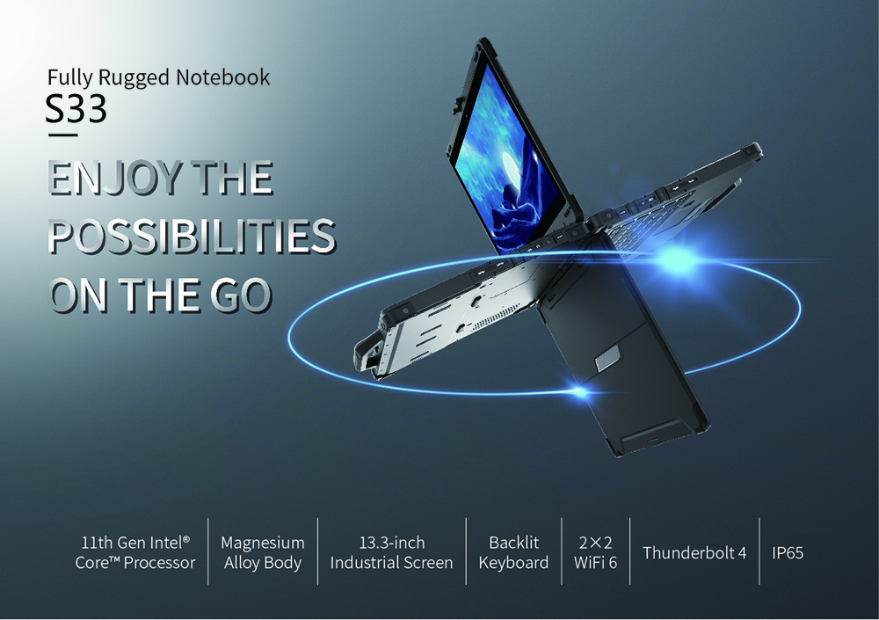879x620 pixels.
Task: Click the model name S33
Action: pos(76,109)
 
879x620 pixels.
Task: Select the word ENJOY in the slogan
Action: pos(115,178)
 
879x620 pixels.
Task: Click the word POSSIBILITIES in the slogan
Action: pos(192,237)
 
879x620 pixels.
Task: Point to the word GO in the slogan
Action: pos(241,295)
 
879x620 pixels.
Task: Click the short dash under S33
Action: pos(62,135)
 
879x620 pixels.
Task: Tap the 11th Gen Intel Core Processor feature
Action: pos(135,552)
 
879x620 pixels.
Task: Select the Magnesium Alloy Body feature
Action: pos(262,552)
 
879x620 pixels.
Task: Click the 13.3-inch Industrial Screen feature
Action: pos(391,552)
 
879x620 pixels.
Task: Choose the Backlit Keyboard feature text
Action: pos(513,552)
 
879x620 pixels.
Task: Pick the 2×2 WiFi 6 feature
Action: pos(595,552)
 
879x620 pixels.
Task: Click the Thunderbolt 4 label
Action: pos(694,552)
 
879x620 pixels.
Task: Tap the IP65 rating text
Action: pos(788,552)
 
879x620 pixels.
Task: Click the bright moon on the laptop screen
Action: pos(514,167)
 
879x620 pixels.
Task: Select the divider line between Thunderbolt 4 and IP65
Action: pos(759,551)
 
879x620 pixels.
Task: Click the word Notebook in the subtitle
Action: pos(222,77)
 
